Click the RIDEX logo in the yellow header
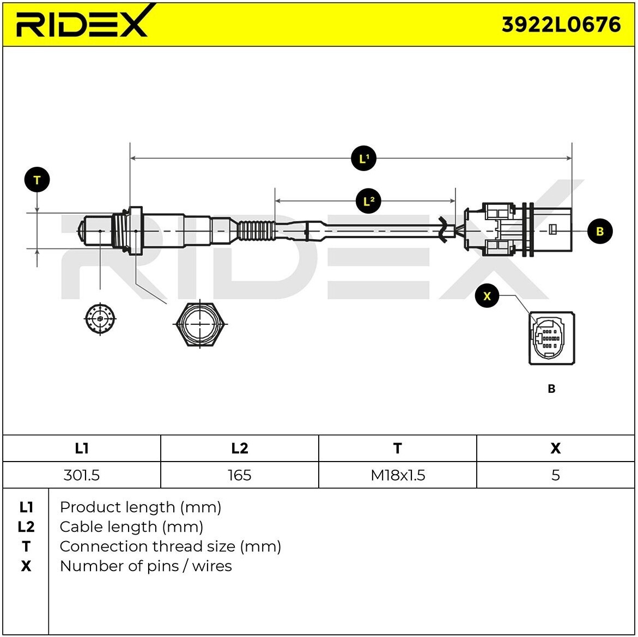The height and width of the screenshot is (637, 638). click(x=82, y=22)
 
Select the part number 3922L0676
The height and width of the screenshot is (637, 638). click(x=561, y=25)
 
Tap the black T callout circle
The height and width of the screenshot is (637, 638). click(x=37, y=180)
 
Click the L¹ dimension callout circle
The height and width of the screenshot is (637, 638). click(x=363, y=159)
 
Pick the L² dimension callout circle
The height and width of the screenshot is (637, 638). click(x=368, y=202)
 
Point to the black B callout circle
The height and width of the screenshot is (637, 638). click(x=600, y=231)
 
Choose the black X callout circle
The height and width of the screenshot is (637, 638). click(x=487, y=296)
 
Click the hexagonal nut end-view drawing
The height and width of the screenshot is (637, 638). click(x=200, y=323)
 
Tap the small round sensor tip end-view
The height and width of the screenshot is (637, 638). click(x=100, y=318)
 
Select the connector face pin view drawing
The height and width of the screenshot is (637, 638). click(x=551, y=338)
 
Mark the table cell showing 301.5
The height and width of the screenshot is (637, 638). click(x=82, y=475)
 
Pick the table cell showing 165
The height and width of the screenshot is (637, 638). click(x=239, y=475)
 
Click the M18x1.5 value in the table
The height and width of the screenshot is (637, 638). click(x=398, y=475)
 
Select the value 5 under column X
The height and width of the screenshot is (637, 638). click(x=555, y=475)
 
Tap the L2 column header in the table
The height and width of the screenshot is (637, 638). click(x=239, y=448)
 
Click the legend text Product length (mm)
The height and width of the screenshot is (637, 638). click(x=141, y=507)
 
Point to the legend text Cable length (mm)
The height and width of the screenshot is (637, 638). click(x=131, y=527)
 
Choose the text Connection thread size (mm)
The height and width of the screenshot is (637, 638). click(x=170, y=547)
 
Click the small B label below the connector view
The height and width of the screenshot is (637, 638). click(x=551, y=389)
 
